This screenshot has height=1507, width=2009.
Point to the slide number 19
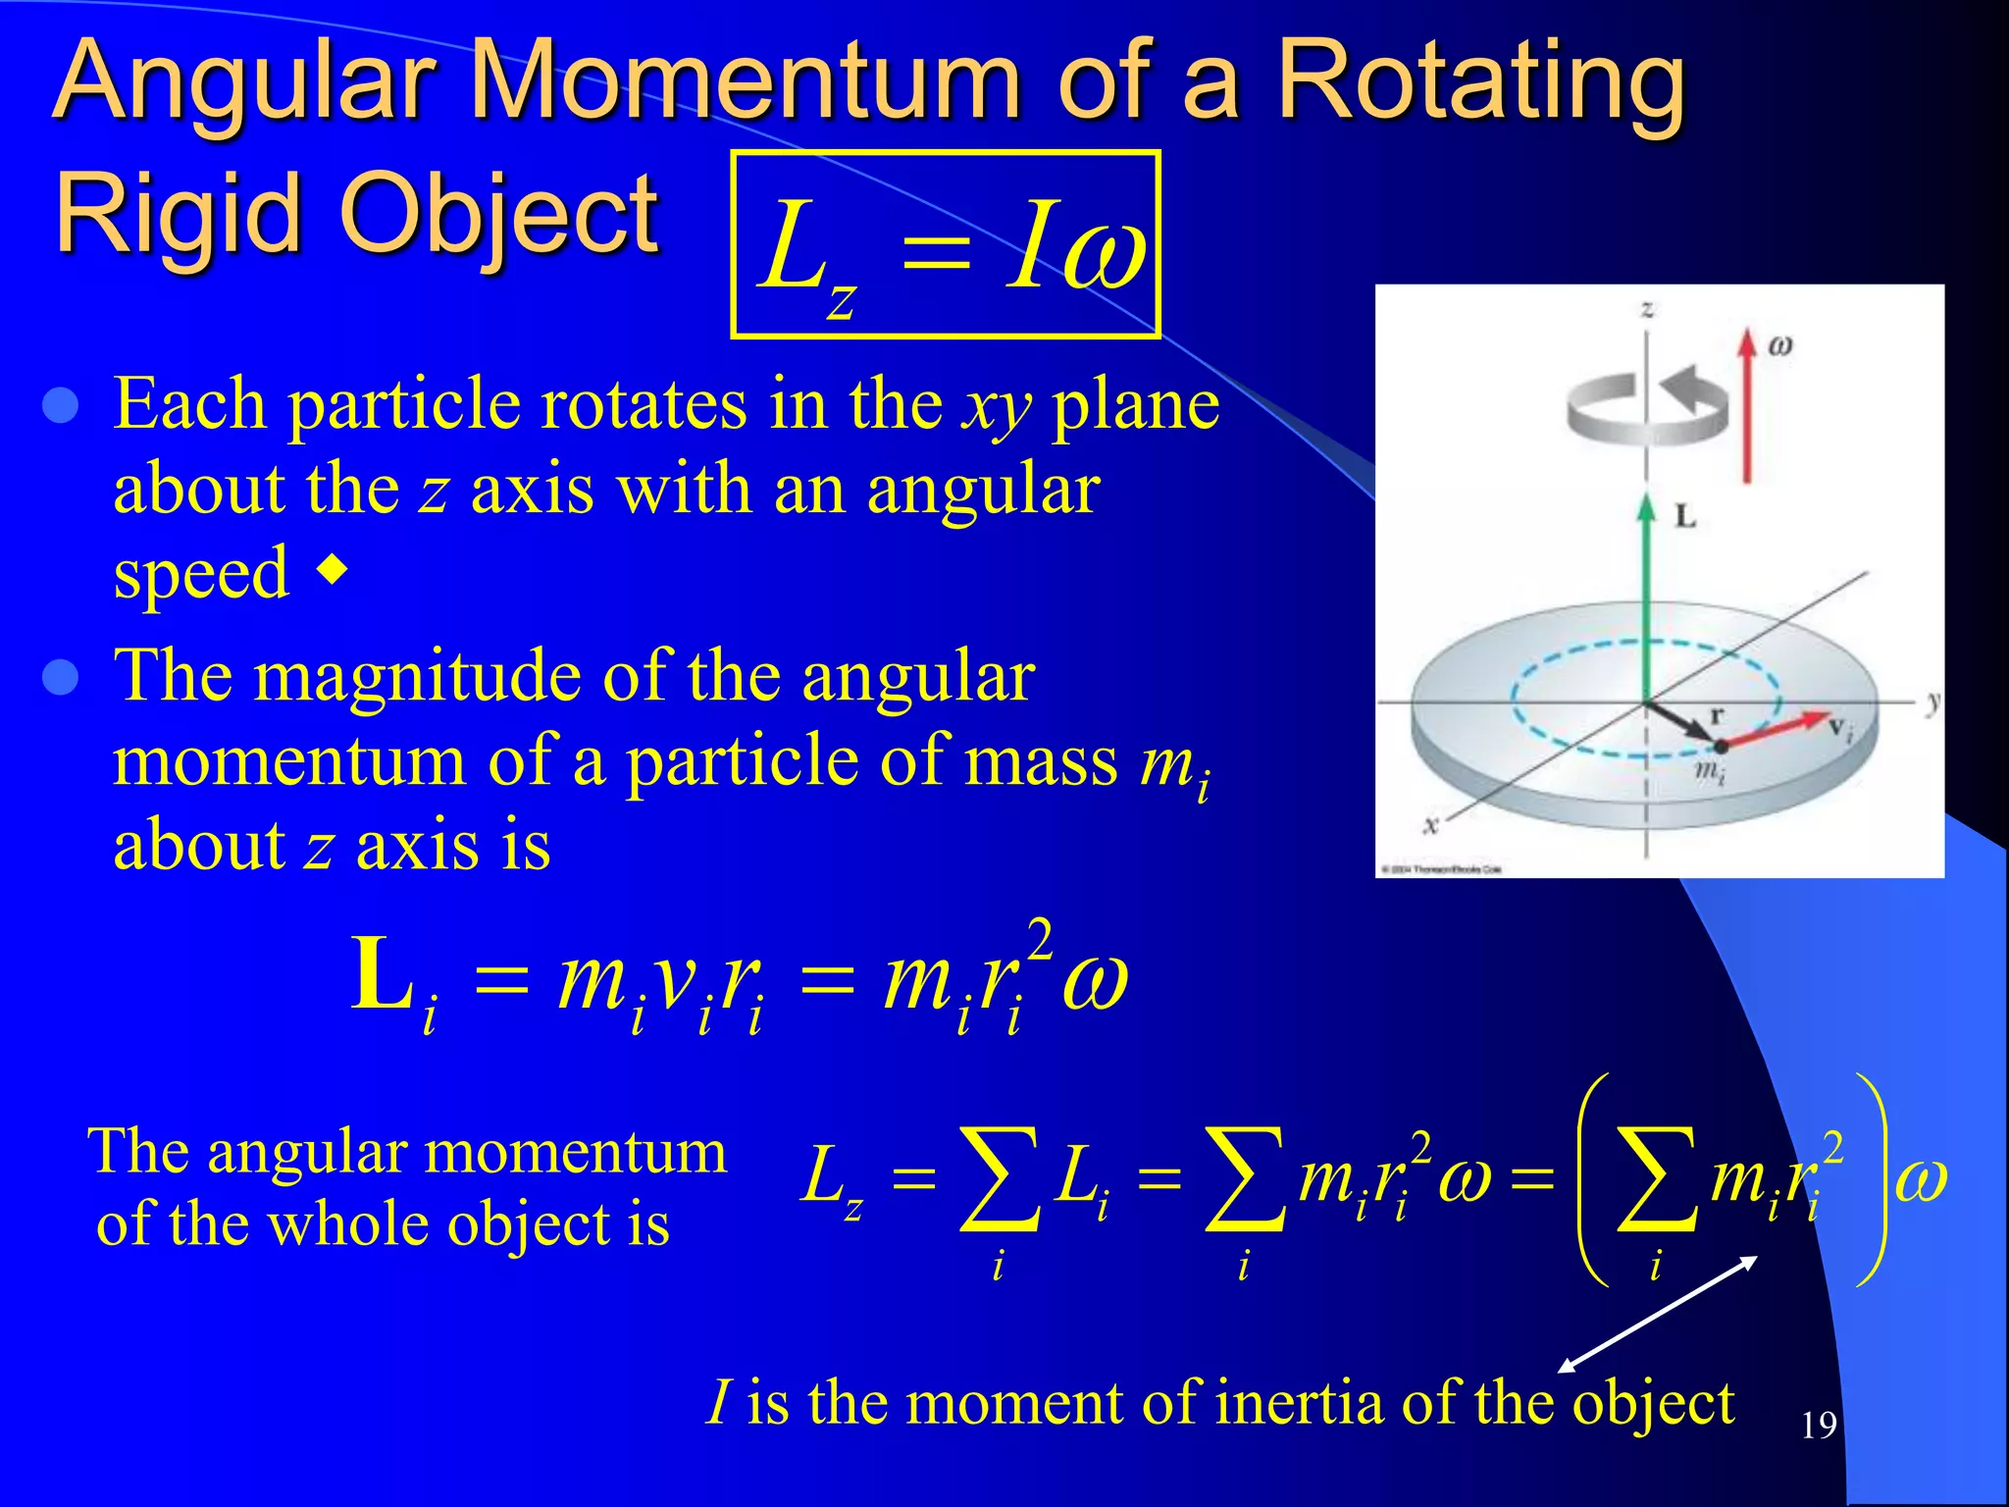(x=1818, y=1425)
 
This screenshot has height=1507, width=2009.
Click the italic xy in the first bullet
(x=997, y=405)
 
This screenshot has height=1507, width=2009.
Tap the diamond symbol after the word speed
(x=334, y=569)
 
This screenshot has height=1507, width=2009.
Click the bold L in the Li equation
(x=382, y=975)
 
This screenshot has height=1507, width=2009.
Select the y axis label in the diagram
(x=1932, y=702)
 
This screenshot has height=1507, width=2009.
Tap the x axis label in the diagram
(x=1430, y=825)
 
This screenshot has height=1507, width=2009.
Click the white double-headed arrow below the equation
(x=1658, y=1314)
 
